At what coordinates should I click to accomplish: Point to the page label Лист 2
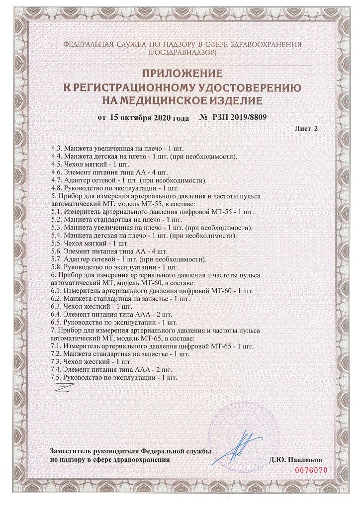pos(306,128)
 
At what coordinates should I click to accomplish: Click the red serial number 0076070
pos(315,470)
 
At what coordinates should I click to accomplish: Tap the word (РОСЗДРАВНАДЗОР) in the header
pos(182,51)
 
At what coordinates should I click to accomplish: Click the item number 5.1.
pos(57,211)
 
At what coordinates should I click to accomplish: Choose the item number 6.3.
pos(57,307)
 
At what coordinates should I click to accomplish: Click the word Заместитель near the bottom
pos(68,451)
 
